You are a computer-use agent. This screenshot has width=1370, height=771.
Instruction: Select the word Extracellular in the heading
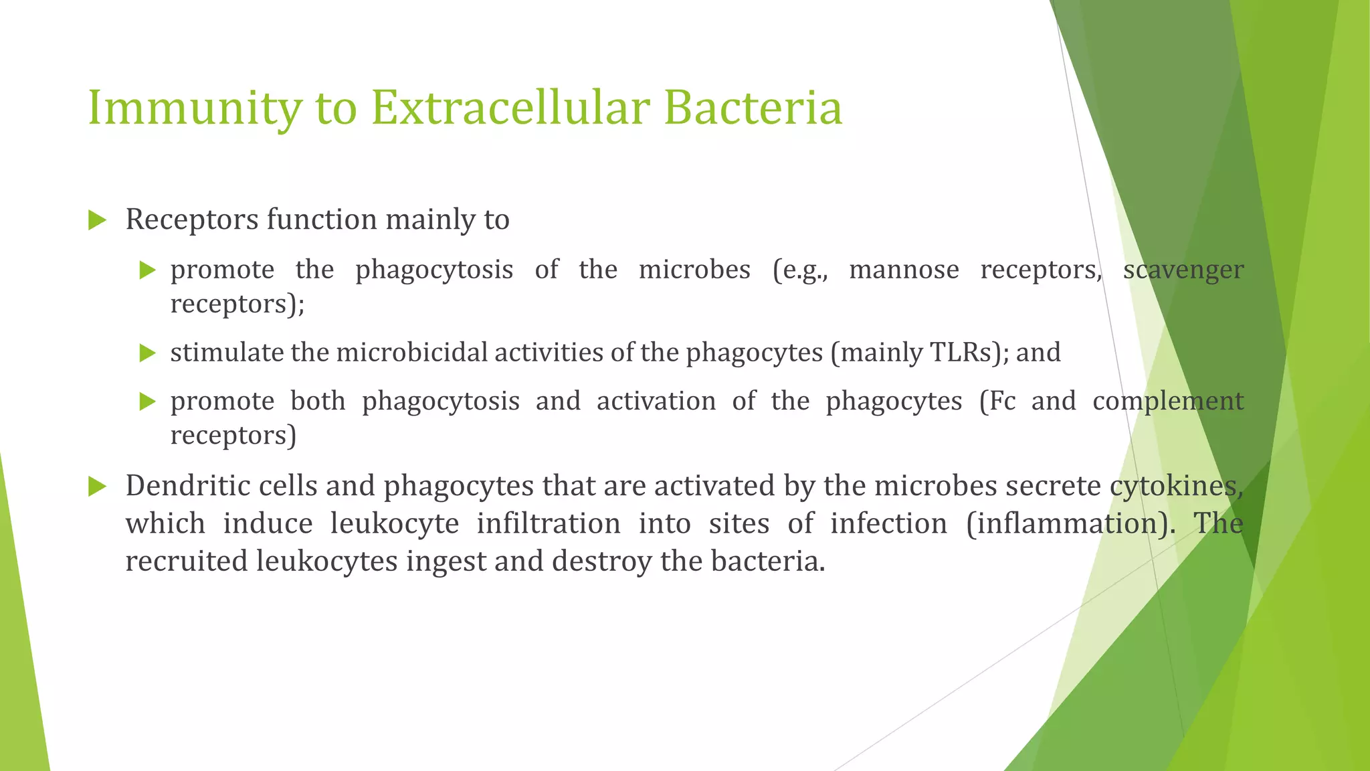(x=510, y=108)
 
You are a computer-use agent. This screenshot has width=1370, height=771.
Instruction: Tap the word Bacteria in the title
(x=753, y=108)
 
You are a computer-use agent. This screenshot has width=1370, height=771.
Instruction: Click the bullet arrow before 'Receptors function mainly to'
(x=98, y=220)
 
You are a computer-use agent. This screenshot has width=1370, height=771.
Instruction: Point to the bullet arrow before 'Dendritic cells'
(x=98, y=487)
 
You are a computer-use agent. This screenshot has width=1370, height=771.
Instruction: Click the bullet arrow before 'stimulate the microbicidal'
(x=147, y=353)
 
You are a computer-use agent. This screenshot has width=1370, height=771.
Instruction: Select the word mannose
(x=904, y=270)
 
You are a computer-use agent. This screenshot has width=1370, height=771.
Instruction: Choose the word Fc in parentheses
(x=997, y=401)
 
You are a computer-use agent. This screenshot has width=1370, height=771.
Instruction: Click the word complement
(x=1168, y=401)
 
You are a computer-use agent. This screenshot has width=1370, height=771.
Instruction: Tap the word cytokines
(x=1176, y=486)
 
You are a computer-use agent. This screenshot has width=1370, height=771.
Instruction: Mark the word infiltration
(x=549, y=523)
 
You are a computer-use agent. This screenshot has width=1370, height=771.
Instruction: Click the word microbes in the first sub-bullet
(x=694, y=270)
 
